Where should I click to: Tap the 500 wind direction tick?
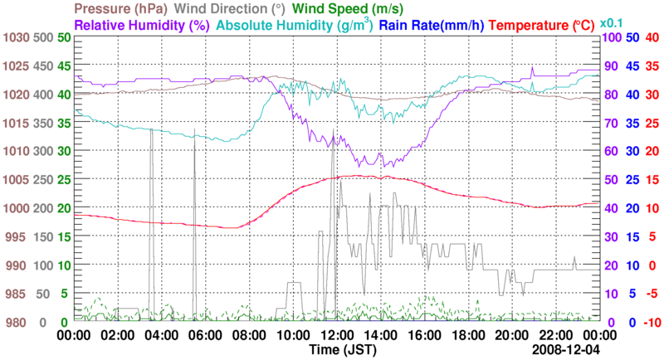tap(44, 37)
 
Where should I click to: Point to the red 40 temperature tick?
tap(652, 37)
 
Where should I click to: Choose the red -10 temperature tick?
tap(650, 323)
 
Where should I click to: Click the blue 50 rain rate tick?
tap(632, 37)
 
